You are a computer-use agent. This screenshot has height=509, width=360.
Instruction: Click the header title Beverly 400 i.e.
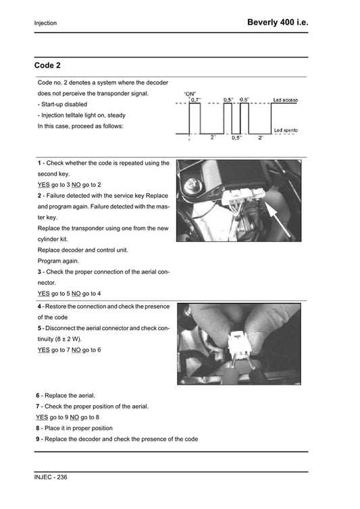click(x=278, y=22)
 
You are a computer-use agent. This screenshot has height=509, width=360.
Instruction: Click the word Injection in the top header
click(x=45, y=24)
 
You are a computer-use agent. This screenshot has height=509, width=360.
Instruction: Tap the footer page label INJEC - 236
click(x=51, y=477)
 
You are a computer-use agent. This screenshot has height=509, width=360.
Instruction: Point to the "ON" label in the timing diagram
click(x=190, y=94)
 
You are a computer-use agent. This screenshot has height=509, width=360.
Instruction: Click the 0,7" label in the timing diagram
click(x=196, y=99)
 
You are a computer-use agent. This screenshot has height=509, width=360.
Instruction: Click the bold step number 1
click(x=39, y=163)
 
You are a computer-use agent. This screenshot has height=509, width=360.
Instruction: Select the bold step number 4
click(x=39, y=306)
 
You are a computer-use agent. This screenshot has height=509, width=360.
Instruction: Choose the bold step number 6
click(x=38, y=394)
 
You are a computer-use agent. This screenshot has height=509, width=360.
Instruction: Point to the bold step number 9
click(x=38, y=439)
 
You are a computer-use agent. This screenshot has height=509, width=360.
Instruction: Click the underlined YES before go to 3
click(x=43, y=185)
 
